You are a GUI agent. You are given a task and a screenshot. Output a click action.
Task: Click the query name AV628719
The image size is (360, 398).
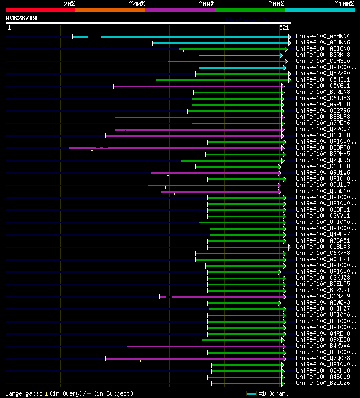click(21, 18)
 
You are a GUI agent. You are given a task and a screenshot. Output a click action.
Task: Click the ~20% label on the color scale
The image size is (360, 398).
click(69, 3)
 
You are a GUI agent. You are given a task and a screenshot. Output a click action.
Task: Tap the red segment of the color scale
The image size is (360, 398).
click(40, 10)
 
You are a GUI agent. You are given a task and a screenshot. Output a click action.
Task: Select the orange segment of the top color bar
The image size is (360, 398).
click(110, 10)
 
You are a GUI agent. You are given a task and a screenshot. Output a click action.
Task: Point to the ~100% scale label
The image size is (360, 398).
click(343, 3)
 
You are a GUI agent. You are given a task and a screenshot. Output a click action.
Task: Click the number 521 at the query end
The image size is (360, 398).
click(284, 27)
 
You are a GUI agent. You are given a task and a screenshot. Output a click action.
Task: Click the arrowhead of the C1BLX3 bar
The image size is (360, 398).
click(290, 247)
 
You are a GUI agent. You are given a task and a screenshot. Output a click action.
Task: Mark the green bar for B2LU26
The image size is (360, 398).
click(247, 383)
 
